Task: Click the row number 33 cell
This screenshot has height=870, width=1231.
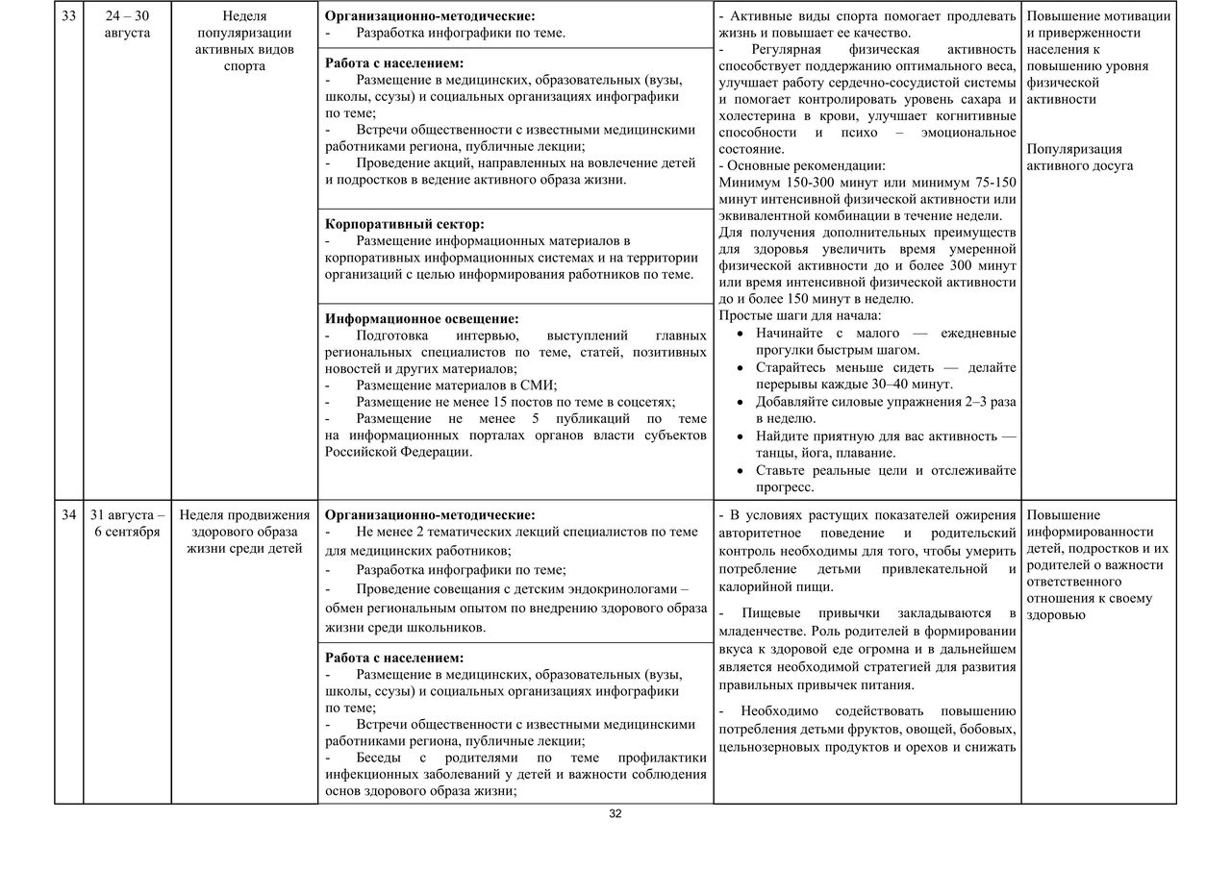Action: [66, 16]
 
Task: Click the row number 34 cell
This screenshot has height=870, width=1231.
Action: [66, 514]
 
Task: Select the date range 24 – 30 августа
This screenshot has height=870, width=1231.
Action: [127, 25]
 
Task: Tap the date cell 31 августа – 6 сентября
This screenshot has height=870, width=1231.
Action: [127, 523]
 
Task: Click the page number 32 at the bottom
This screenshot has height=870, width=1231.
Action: [615, 813]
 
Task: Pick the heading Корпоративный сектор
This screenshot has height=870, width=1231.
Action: [405, 224]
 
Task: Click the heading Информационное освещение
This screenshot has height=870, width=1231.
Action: [422, 318]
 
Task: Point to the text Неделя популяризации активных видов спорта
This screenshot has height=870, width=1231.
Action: [244, 41]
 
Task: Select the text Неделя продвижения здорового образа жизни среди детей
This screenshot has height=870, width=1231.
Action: [244, 532]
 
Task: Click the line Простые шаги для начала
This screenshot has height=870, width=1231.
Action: [799, 315]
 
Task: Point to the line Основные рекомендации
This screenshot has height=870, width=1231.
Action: [800, 165]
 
